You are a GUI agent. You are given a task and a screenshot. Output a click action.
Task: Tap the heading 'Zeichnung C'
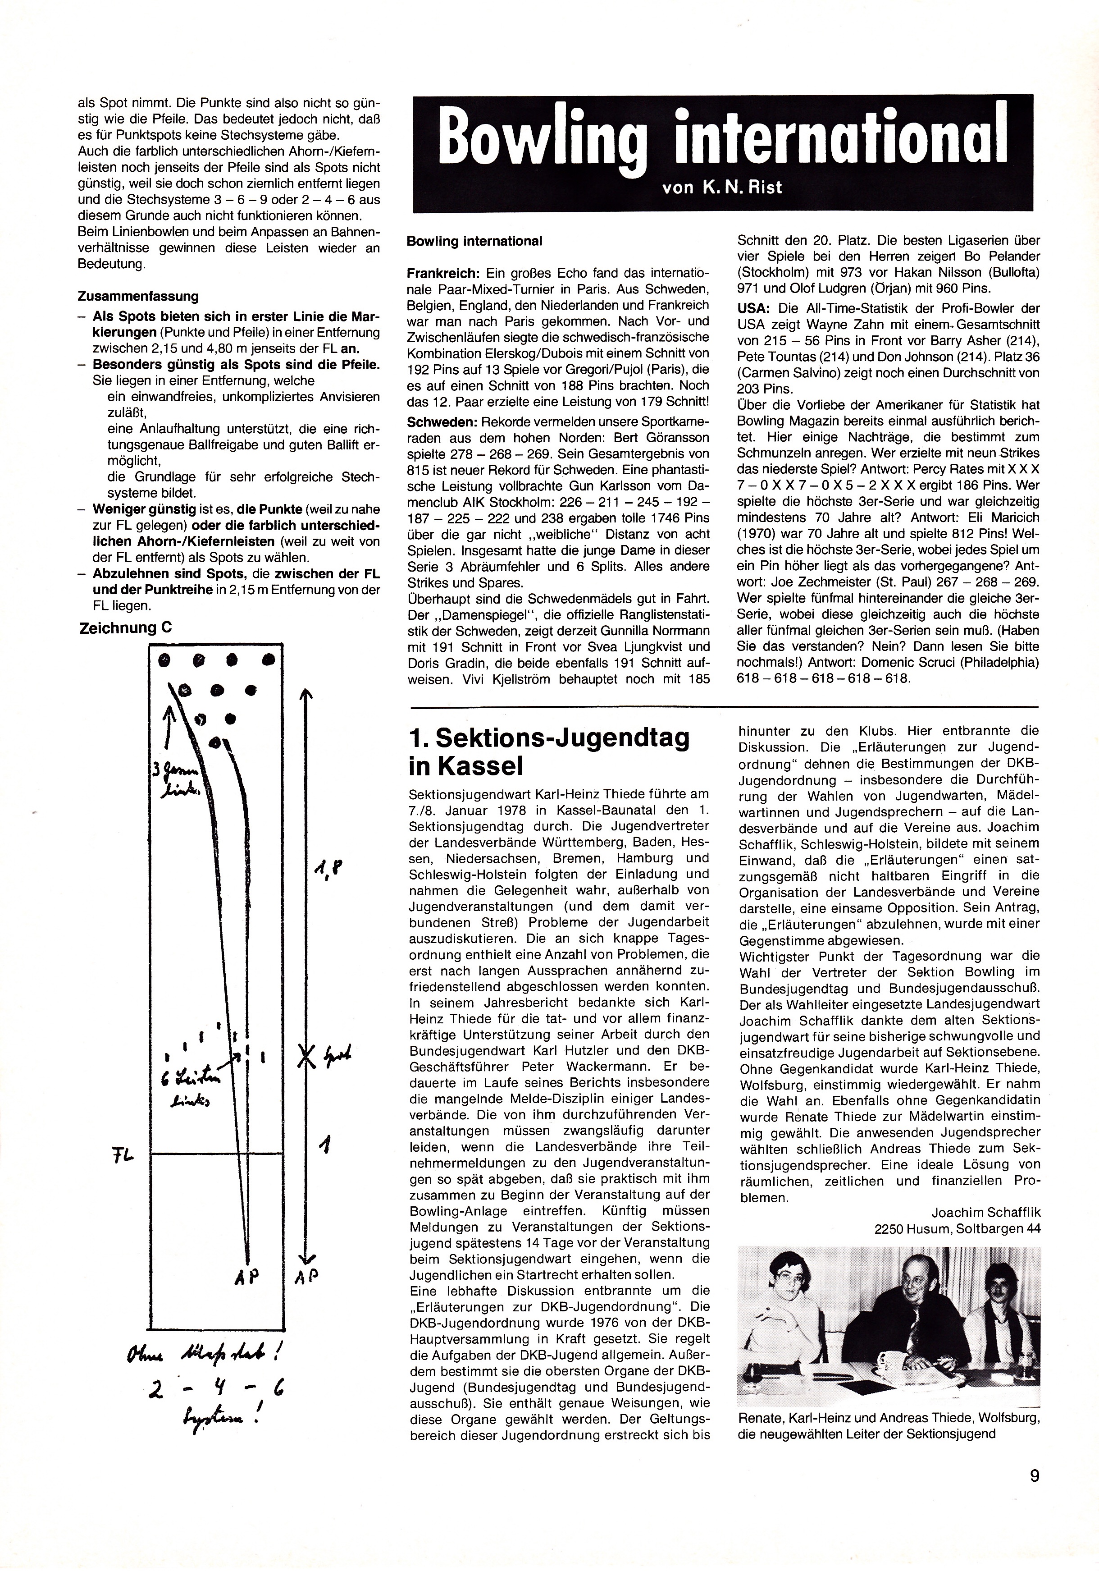(x=126, y=628)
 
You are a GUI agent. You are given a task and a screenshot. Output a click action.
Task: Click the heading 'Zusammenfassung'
(x=138, y=296)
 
